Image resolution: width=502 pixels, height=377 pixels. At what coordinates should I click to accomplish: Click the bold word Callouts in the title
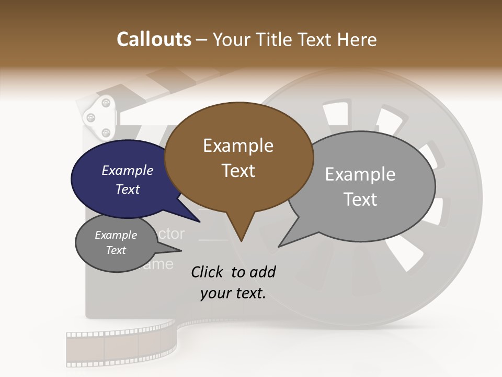154,39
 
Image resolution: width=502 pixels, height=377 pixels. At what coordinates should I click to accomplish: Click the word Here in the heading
357,39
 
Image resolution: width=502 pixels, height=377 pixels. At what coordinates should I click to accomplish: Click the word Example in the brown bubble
238,146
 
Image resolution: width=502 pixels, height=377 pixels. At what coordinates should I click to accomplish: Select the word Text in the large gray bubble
360,199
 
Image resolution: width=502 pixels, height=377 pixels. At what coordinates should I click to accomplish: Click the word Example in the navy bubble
127,170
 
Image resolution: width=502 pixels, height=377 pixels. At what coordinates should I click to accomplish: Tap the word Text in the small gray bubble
116,250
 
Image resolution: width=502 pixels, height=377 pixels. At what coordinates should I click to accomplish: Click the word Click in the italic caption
208,272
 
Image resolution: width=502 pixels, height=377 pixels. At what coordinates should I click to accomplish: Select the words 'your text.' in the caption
233,293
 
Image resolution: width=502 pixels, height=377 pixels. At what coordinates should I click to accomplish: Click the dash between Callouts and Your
202,40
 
